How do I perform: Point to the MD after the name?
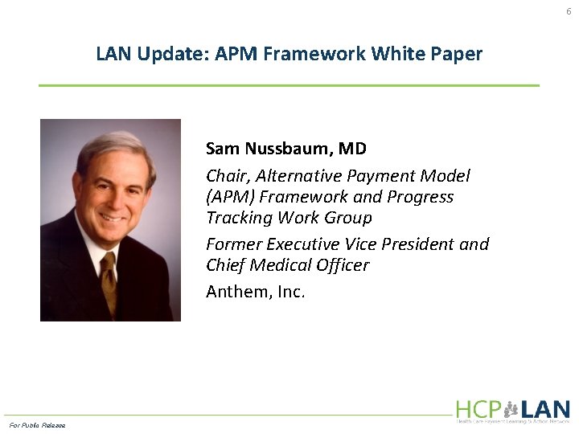point(352,149)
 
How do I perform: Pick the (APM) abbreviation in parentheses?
point(228,197)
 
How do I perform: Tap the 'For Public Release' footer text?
point(37,424)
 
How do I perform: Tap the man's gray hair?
point(113,145)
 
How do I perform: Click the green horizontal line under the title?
point(289,85)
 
